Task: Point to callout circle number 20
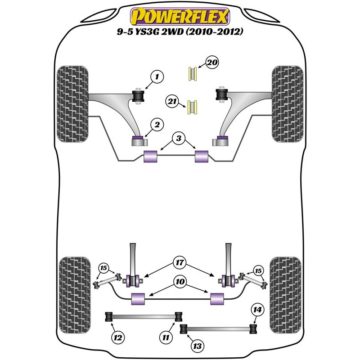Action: coord(212,63)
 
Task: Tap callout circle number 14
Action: coord(257,310)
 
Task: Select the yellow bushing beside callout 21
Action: coord(193,106)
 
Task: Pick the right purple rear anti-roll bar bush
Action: coord(218,298)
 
